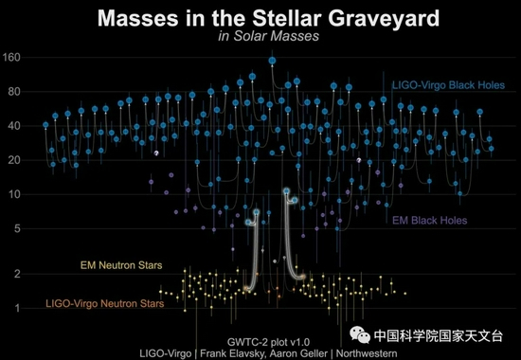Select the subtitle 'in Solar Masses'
click(x=260, y=36)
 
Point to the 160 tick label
click(x=11, y=59)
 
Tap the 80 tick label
click(x=13, y=93)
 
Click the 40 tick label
click(x=13, y=126)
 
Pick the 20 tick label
click(x=13, y=160)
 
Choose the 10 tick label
click(x=13, y=194)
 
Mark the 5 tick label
click(x=16, y=228)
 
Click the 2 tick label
click(x=16, y=274)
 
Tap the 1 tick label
click(x=16, y=308)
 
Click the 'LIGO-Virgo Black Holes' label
click(x=447, y=85)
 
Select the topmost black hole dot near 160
click(x=272, y=61)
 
